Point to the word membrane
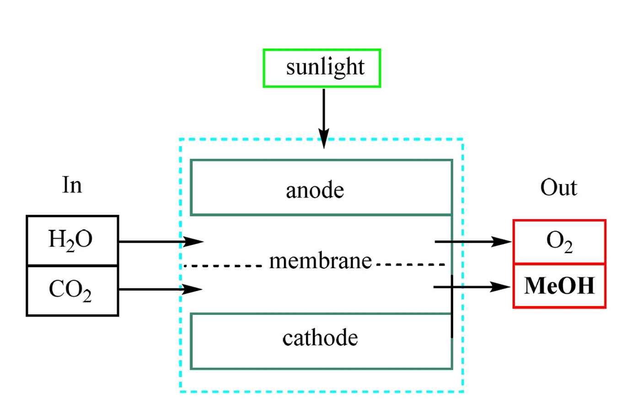tap(320, 261)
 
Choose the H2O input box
tap(72, 240)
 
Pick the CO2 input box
tap(72, 291)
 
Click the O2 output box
tap(559, 242)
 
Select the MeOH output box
tap(559, 286)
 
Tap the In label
tap(72, 185)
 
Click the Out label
tap(558, 187)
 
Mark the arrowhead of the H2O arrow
tap(194, 241)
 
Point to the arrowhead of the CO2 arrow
tap(193, 289)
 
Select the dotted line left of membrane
tap(223, 265)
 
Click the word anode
tap(315, 190)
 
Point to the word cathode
tap(320, 338)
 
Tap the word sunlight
tap(325, 67)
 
